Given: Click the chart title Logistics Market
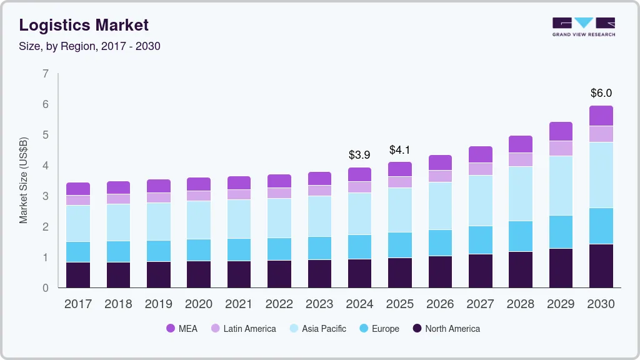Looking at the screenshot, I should click(x=84, y=26).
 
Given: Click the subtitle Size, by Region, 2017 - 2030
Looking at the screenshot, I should click(x=89, y=46).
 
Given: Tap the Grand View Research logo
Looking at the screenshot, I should click(x=583, y=27).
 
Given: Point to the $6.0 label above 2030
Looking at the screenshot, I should click(x=601, y=93).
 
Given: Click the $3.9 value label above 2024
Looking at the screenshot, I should click(x=359, y=154).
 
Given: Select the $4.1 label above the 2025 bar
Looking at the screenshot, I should click(x=399, y=150).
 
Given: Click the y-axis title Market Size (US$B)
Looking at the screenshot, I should click(x=24, y=181).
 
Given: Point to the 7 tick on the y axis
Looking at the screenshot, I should click(x=46, y=74).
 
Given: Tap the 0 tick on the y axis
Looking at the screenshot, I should click(x=46, y=288).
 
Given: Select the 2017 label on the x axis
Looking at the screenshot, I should click(x=78, y=304).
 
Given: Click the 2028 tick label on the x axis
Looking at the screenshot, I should click(x=521, y=304).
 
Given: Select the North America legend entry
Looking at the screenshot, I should click(x=446, y=328).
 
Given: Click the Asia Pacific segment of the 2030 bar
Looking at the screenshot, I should click(x=601, y=175).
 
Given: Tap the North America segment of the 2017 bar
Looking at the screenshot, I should click(x=78, y=275).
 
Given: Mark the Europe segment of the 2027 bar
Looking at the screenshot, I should click(x=480, y=240).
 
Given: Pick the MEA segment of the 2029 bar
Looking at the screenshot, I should click(x=561, y=131).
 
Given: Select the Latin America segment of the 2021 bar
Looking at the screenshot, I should click(x=239, y=194).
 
